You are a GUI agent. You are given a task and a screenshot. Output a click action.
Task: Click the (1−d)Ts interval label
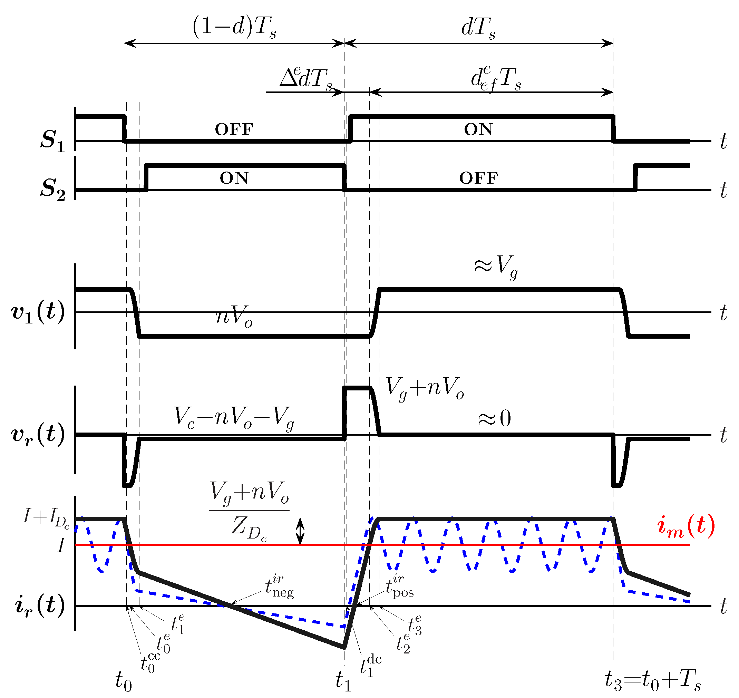pos(234,28)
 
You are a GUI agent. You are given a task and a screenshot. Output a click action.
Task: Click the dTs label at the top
pos(478,28)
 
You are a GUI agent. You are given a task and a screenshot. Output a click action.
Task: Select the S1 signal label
pos(52,140)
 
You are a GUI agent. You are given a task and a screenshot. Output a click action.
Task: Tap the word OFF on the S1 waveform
pos(234,129)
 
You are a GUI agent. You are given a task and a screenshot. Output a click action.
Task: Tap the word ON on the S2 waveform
pos(234,178)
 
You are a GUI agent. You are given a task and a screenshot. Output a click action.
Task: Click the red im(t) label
pos(686,526)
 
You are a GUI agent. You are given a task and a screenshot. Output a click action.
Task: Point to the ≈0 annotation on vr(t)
pos(495,419)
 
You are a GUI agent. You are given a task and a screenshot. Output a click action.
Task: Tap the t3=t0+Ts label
pos(653,680)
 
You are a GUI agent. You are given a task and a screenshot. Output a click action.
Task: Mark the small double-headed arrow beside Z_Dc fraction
pos(300,531)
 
